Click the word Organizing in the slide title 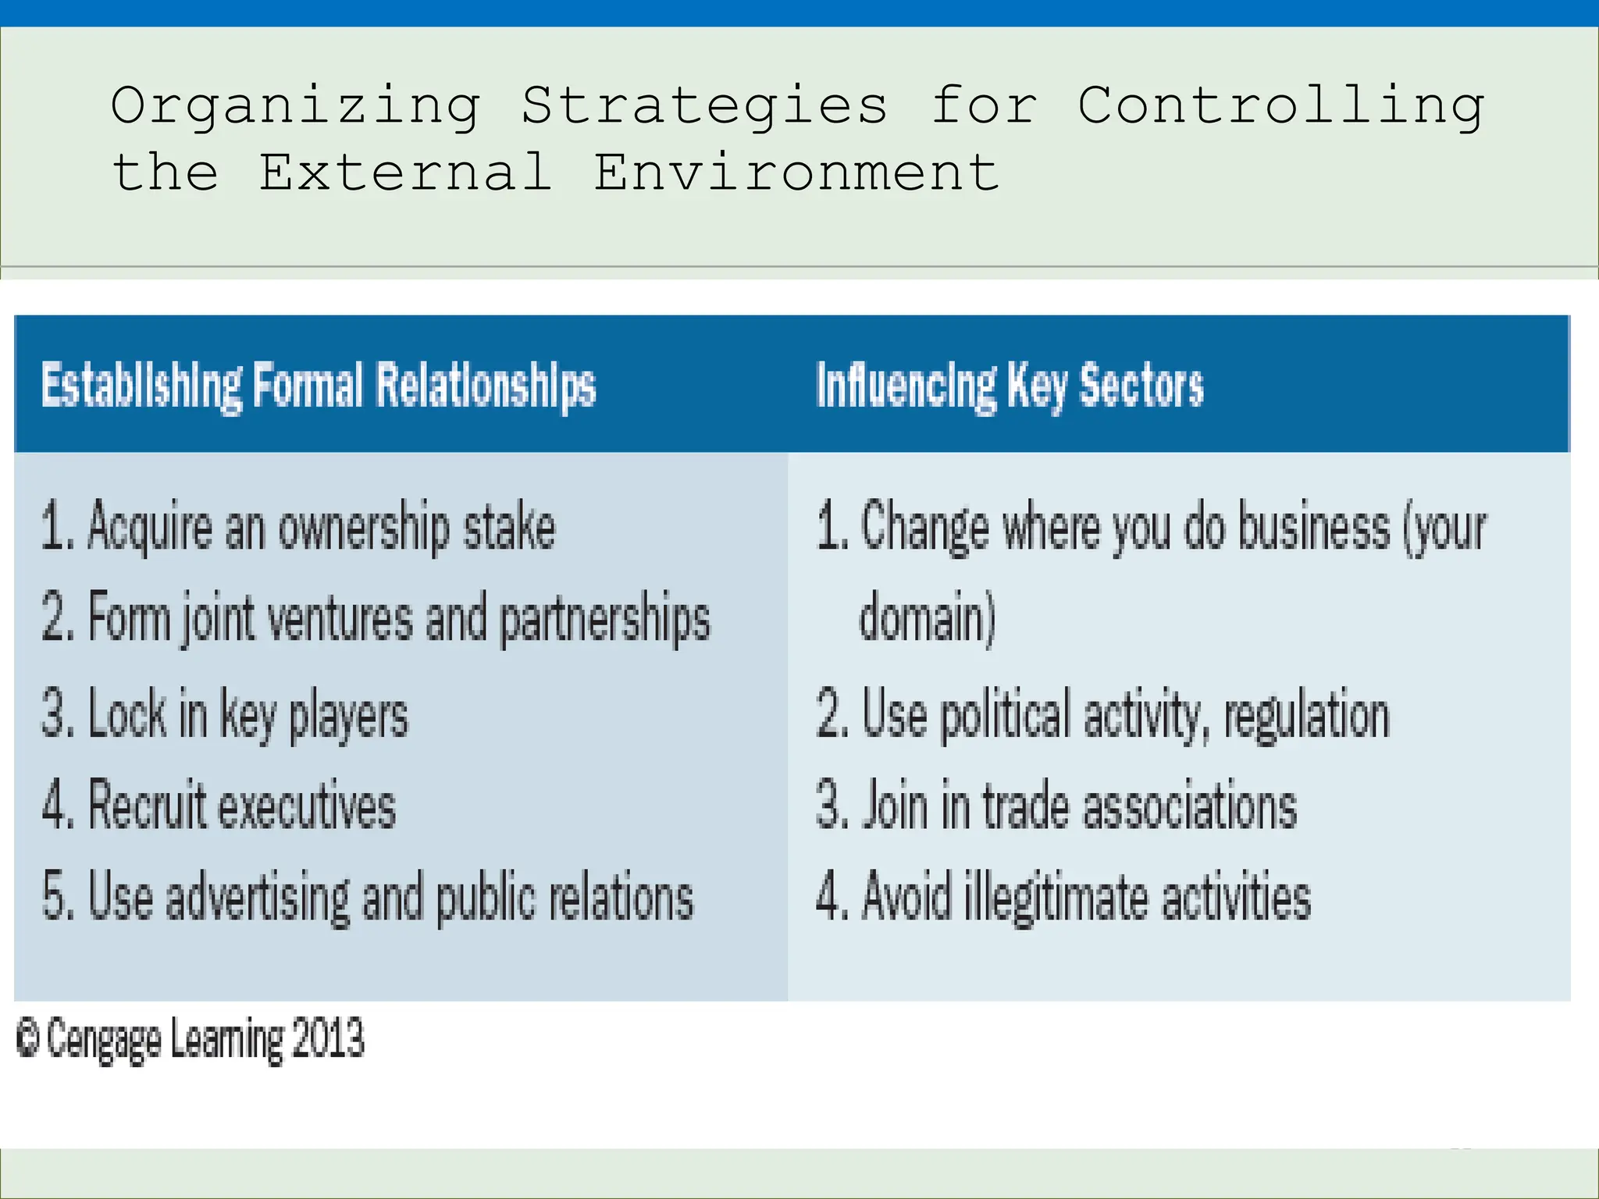pyautogui.click(x=295, y=107)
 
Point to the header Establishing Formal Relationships pyautogui.click(x=319, y=386)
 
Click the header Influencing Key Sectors pyautogui.click(x=1010, y=386)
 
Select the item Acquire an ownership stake pyautogui.click(x=298, y=527)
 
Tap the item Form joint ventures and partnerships pyautogui.click(x=376, y=618)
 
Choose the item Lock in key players pyautogui.click(x=225, y=713)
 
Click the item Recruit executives pyautogui.click(x=219, y=805)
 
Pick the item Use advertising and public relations pyautogui.click(x=368, y=897)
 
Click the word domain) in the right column pyautogui.click(x=928, y=618)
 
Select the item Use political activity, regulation pyautogui.click(x=1102, y=713)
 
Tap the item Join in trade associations pyautogui.click(x=1056, y=805)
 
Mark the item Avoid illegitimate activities pyautogui.click(x=1063, y=897)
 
